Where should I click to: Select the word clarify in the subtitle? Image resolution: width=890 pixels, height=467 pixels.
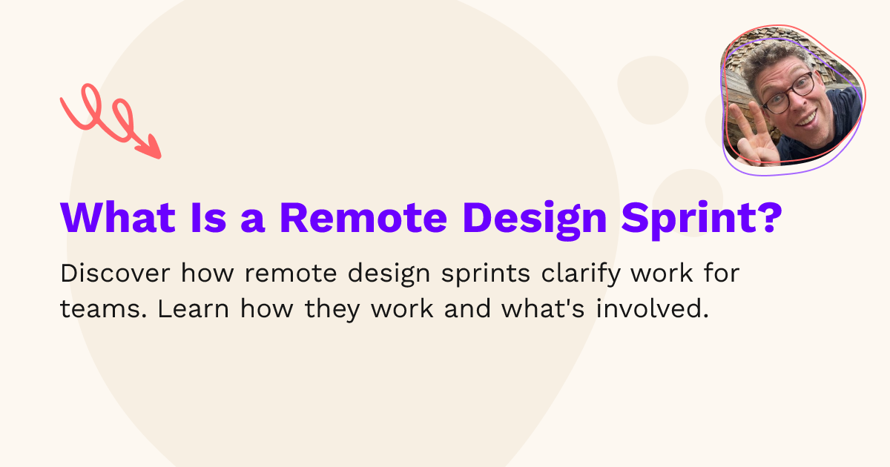(x=579, y=274)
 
